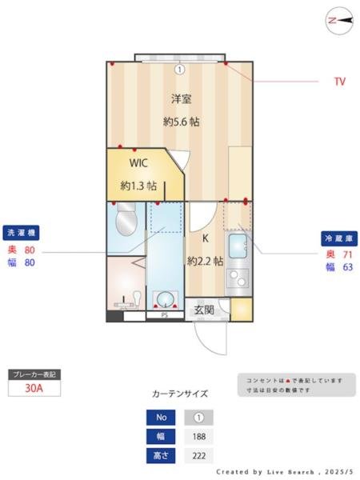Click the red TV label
(339, 82)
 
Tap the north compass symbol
(339, 22)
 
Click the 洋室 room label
(180, 99)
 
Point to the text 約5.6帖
(181, 122)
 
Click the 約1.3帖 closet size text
(138, 186)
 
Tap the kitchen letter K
(205, 238)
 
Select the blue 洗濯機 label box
(22, 232)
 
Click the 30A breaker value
(33, 389)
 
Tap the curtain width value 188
(198, 437)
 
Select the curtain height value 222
(198, 456)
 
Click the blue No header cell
(161, 418)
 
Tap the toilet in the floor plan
(126, 221)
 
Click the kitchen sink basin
(238, 247)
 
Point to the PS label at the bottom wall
(164, 315)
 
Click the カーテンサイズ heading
(180, 394)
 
